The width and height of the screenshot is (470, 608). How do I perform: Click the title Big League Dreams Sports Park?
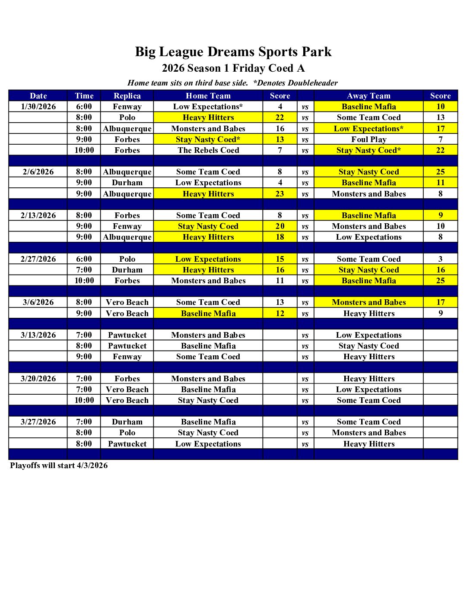pyautogui.click(x=233, y=52)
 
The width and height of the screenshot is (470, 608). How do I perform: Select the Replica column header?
pyautogui.click(x=127, y=96)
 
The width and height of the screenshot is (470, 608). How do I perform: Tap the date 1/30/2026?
pyautogui.click(x=38, y=107)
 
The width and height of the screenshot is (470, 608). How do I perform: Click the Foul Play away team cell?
pyautogui.click(x=368, y=139)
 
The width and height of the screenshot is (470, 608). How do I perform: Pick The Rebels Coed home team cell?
pyautogui.click(x=208, y=150)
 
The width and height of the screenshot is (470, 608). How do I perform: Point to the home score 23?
pyautogui.click(x=280, y=194)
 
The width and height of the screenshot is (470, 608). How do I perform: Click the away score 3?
pyautogui.click(x=440, y=259)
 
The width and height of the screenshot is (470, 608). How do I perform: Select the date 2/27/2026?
pyautogui.click(x=38, y=259)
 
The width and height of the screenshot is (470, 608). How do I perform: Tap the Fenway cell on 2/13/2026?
pyautogui.click(x=127, y=226)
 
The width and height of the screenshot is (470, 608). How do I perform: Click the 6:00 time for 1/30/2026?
pyautogui.click(x=84, y=107)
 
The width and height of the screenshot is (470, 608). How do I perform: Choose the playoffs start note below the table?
pyautogui.click(x=59, y=465)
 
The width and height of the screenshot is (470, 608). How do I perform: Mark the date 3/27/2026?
pyautogui.click(x=38, y=422)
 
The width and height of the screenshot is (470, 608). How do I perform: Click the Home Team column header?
pyautogui.click(x=208, y=96)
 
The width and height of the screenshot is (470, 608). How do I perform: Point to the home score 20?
pyautogui.click(x=280, y=226)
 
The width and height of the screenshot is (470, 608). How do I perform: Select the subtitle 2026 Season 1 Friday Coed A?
pyautogui.click(x=233, y=68)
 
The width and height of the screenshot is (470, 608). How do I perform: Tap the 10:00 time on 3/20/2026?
pyautogui.click(x=84, y=400)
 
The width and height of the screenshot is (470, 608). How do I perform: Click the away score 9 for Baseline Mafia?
pyautogui.click(x=440, y=215)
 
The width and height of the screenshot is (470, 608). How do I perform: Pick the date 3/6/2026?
pyautogui.click(x=38, y=302)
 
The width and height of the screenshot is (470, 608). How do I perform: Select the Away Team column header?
pyautogui.click(x=368, y=96)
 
